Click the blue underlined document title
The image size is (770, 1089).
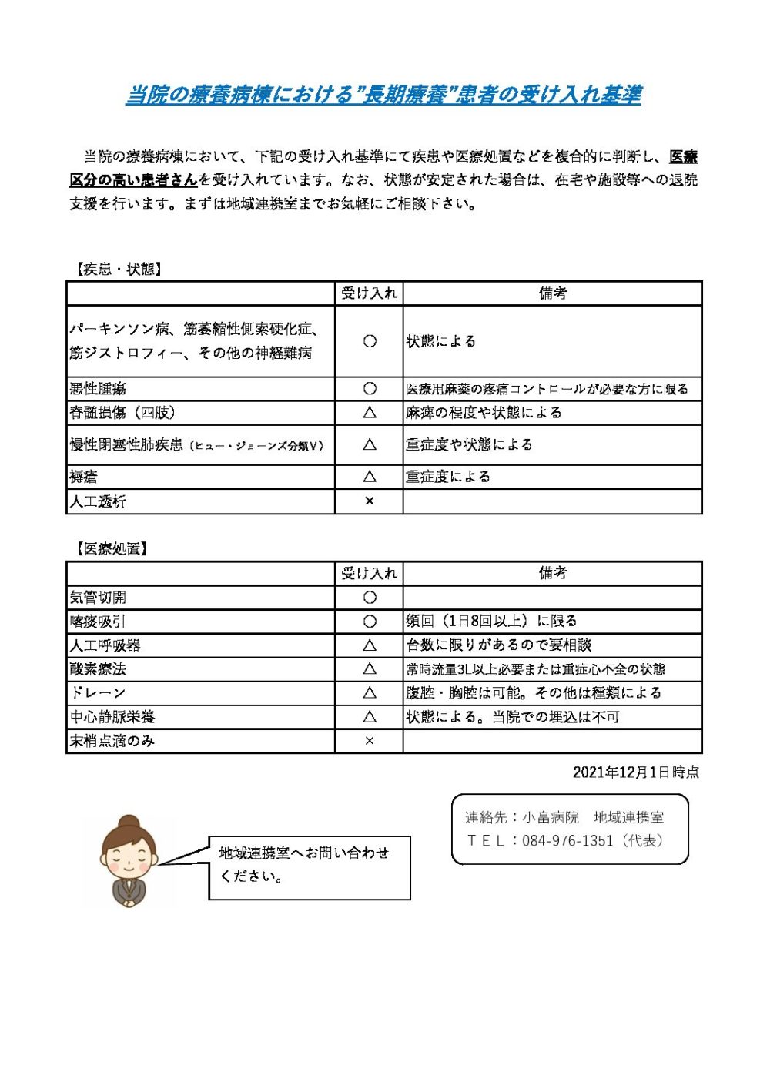pos(383,95)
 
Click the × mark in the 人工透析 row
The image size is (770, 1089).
pos(370,501)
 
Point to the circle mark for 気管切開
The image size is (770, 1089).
pos(370,598)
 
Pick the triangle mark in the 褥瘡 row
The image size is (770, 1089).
pos(370,477)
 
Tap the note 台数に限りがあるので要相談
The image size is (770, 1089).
pos(498,645)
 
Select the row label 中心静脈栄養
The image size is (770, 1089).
pos(112,717)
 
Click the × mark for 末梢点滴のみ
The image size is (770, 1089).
pos(370,741)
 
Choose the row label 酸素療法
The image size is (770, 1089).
pos(98,669)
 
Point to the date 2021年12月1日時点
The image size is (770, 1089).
pos(635,772)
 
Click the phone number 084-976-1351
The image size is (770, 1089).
pos(567,841)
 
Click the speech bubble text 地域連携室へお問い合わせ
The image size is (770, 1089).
pos(303,853)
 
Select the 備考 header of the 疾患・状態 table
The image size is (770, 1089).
pos(552,293)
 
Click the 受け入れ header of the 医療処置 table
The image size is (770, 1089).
pos(370,573)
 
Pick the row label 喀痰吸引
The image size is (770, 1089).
pos(98,622)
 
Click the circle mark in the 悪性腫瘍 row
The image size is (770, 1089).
pos(370,389)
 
